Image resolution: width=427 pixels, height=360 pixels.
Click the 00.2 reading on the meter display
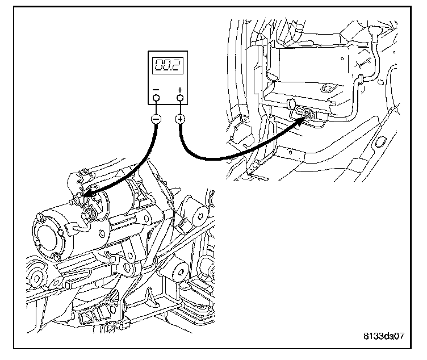168,66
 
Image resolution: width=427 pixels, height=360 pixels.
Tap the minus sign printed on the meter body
156,89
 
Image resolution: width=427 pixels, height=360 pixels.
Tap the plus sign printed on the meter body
181,89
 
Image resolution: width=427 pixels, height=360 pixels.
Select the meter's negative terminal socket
156,99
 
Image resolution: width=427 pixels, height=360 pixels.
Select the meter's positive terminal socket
181,99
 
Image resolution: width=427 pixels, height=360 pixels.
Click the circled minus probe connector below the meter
156,119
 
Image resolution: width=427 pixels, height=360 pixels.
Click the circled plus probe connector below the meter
181,119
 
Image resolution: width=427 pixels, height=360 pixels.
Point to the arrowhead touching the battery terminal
303,118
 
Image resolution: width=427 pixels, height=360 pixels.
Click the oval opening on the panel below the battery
379,140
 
